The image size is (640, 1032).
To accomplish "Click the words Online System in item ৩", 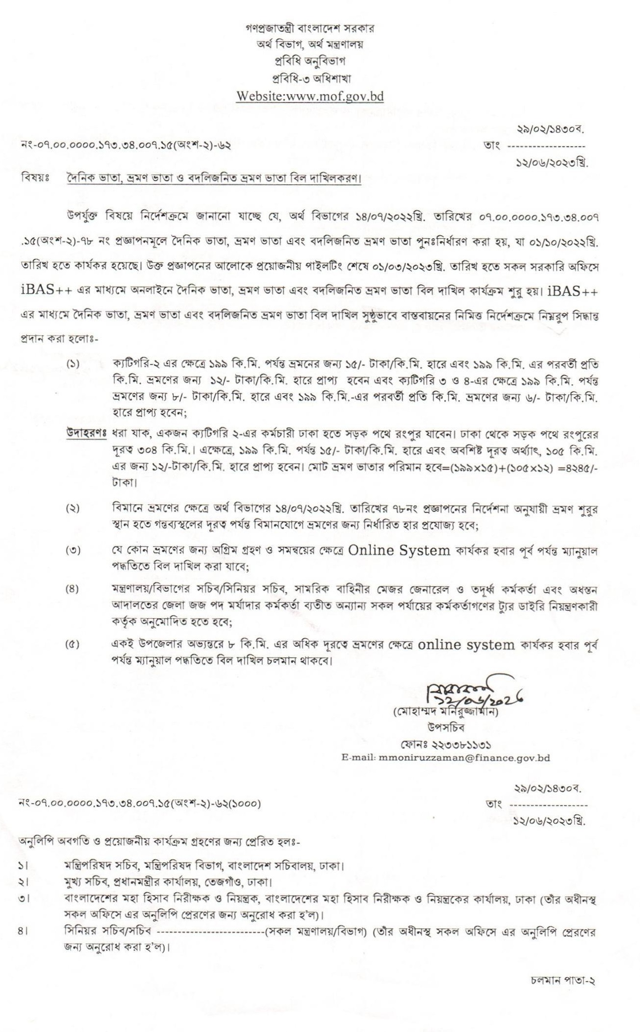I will coord(399,551).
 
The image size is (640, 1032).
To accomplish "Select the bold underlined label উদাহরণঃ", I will coord(86,434).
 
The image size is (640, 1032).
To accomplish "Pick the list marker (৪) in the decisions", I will coord(73,589).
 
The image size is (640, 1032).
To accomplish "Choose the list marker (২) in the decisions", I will coord(73,508).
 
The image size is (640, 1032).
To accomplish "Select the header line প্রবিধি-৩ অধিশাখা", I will coord(309,78).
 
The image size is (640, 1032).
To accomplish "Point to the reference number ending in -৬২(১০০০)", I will coord(140,804).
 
